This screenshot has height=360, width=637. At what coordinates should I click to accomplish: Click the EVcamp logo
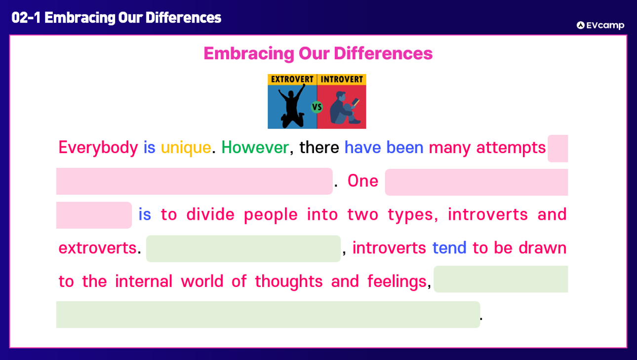coord(600,25)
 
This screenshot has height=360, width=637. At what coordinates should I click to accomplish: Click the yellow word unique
coord(186,148)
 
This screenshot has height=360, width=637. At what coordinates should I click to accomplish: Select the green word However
coord(255,147)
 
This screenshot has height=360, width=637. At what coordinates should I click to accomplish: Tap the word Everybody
coord(98,148)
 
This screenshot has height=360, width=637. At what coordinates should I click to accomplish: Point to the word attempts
coord(511,148)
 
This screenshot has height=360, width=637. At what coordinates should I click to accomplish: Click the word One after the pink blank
coord(363,181)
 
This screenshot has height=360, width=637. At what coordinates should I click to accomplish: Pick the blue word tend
coord(449,248)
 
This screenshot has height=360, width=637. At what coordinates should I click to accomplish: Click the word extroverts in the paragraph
coord(98,248)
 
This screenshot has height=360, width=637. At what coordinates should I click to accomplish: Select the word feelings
coord(397,281)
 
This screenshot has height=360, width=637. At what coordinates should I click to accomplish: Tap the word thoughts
coord(288,281)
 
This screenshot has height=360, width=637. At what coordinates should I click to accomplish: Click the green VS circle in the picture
coord(317,107)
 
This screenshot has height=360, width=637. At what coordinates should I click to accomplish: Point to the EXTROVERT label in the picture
coord(292,80)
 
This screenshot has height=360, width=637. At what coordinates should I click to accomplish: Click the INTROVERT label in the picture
coord(342,80)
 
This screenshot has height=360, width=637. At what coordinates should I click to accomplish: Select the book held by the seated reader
coord(356,102)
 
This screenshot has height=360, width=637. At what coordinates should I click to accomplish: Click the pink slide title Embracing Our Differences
coord(318,53)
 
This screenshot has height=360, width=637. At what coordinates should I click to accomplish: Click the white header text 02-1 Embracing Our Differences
coord(117,18)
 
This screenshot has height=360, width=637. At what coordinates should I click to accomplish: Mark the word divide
coord(210,214)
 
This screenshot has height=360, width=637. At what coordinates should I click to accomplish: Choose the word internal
coord(144,281)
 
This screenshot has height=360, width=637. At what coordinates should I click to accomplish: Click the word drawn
coord(543,248)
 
